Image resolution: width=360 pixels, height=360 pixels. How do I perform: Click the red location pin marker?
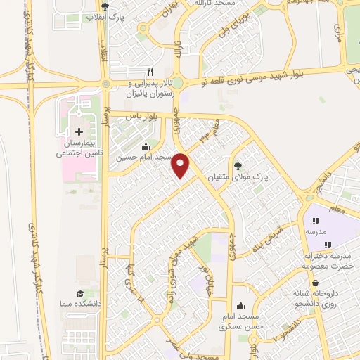(181, 165)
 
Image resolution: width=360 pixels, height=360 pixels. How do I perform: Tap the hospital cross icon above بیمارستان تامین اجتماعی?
(79, 131)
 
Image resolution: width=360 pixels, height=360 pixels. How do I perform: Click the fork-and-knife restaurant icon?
(149, 72)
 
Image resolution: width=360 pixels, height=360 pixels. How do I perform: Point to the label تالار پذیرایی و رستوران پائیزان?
(148, 87)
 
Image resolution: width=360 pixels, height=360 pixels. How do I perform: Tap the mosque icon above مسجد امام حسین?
(146, 146)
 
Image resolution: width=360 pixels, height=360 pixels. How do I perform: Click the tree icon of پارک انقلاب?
(104, 6)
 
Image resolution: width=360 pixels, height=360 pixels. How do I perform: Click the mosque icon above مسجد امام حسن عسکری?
(242, 305)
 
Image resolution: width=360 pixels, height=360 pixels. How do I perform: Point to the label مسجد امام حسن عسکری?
(242, 321)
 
